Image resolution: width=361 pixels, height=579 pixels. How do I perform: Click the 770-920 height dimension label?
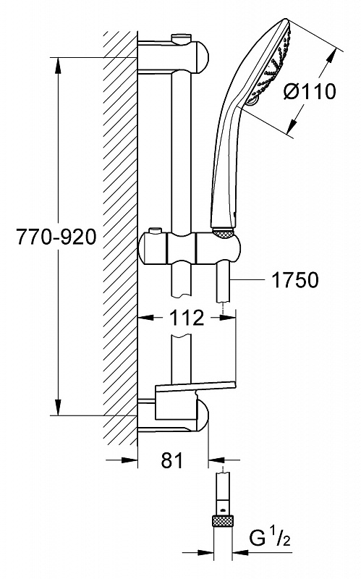coord(56,237)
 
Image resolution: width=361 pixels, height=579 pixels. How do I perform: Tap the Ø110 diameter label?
coord(310,91)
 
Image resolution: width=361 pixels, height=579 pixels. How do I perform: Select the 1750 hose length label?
coord(295,280)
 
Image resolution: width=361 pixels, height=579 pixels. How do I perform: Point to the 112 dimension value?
coord(187,317)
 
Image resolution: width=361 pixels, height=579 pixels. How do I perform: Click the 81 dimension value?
coord(172,460)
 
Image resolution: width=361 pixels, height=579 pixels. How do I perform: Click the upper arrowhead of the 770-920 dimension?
coord(58,66)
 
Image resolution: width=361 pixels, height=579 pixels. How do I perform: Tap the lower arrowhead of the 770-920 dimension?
coord(58,407)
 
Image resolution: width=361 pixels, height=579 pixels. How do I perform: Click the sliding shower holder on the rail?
coord(190,248)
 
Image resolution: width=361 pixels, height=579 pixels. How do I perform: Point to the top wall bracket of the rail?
coord(173,56)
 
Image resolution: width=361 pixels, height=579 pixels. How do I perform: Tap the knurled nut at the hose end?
coord(224,522)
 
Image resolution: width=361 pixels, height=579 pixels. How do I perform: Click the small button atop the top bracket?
coord(182,38)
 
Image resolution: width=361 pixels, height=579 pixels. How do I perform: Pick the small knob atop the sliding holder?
coord(155,232)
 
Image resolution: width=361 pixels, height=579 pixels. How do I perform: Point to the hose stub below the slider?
coord(224,282)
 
